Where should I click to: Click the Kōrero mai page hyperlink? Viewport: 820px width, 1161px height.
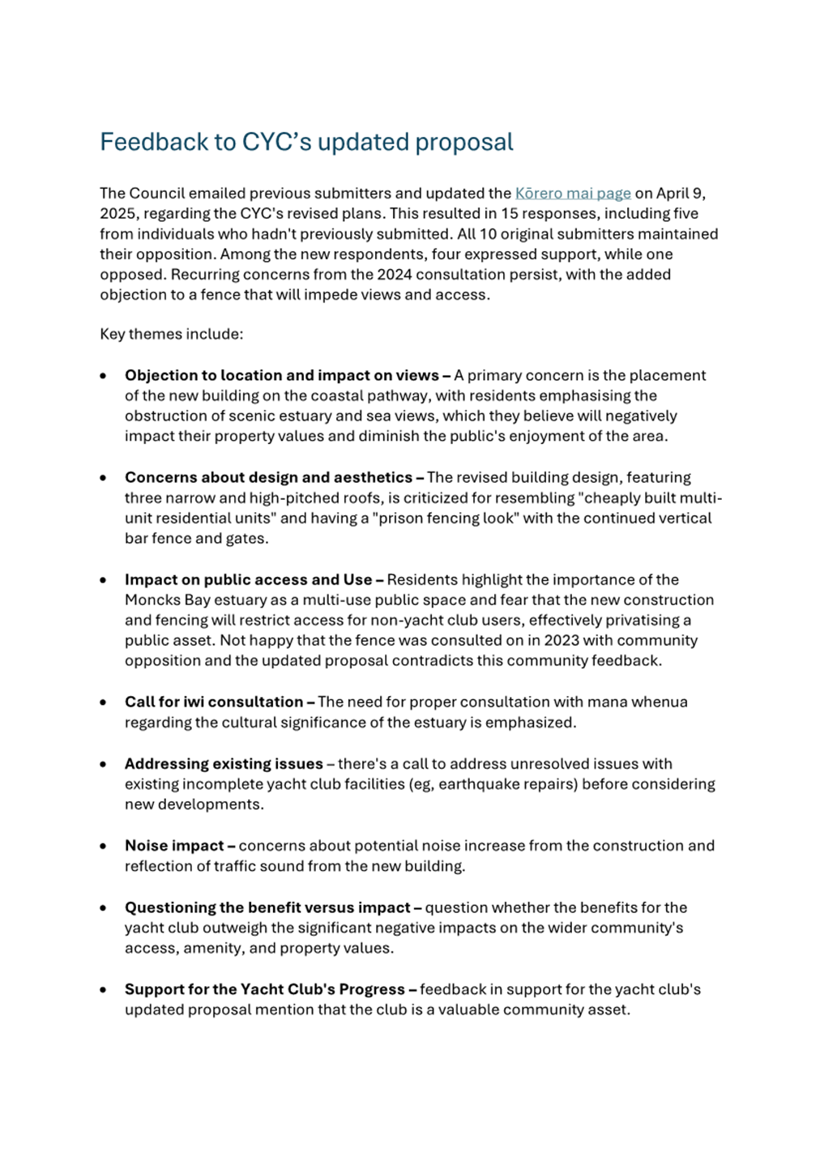(x=573, y=194)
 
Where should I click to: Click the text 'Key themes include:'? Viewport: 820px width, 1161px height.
(x=171, y=335)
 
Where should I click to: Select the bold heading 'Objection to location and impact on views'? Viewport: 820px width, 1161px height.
(x=281, y=376)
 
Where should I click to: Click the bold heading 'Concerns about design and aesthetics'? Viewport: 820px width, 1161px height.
(x=268, y=478)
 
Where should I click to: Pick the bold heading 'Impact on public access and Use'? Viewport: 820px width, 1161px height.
(x=248, y=580)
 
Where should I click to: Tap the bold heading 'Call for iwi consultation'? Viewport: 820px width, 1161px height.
(x=213, y=702)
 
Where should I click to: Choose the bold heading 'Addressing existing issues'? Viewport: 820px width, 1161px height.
(x=224, y=764)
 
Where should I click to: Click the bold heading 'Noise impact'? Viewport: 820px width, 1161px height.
(x=174, y=846)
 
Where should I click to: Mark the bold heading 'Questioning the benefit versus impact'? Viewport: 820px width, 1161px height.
(x=267, y=908)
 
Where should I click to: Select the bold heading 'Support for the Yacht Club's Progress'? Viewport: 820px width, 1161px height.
(x=264, y=990)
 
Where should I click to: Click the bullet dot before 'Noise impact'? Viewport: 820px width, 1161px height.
(x=103, y=847)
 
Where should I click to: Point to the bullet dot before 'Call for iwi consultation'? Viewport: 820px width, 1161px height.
(x=103, y=703)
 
